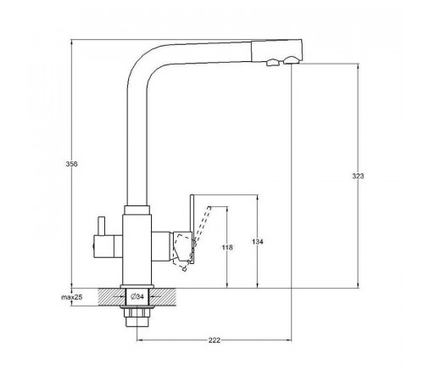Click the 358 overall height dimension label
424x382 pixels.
click(x=71, y=164)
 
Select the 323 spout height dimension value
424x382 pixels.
click(x=358, y=176)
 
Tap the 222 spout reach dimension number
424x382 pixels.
click(x=215, y=340)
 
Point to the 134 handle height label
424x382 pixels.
click(x=258, y=242)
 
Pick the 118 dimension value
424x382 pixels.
click(x=227, y=247)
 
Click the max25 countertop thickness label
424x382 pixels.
click(x=72, y=297)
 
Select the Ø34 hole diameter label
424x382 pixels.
click(x=137, y=296)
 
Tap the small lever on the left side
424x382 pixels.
click(x=101, y=226)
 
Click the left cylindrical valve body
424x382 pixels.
click(x=108, y=246)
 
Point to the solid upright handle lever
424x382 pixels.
click(x=192, y=229)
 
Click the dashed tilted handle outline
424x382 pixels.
click(x=195, y=238)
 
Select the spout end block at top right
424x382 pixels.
click(x=276, y=50)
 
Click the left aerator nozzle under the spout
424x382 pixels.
click(x=273, y=62)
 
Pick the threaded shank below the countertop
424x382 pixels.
click(x=137, y=317)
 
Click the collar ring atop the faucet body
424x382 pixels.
click(x=137, y=210)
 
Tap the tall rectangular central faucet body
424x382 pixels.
click(x=137, y=250)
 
